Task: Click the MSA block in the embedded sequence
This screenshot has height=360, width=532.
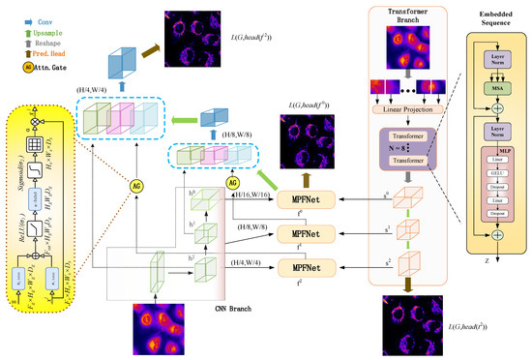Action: click(492, 87)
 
